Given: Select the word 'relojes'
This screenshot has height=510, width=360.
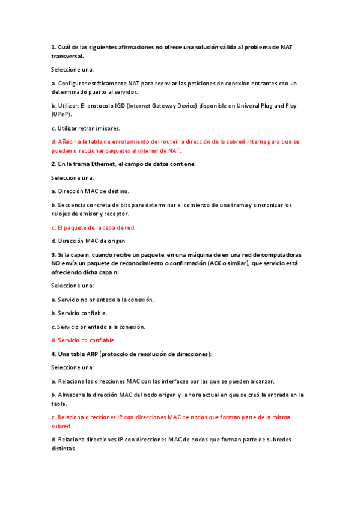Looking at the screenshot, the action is (x=61, y=214).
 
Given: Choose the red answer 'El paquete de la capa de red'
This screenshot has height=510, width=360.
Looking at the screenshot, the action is (x=93, y=227).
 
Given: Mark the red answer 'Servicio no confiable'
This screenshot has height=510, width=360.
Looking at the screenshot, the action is (x=83, y=340).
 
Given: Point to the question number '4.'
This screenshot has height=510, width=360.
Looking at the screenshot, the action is (x=53, y=354).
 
